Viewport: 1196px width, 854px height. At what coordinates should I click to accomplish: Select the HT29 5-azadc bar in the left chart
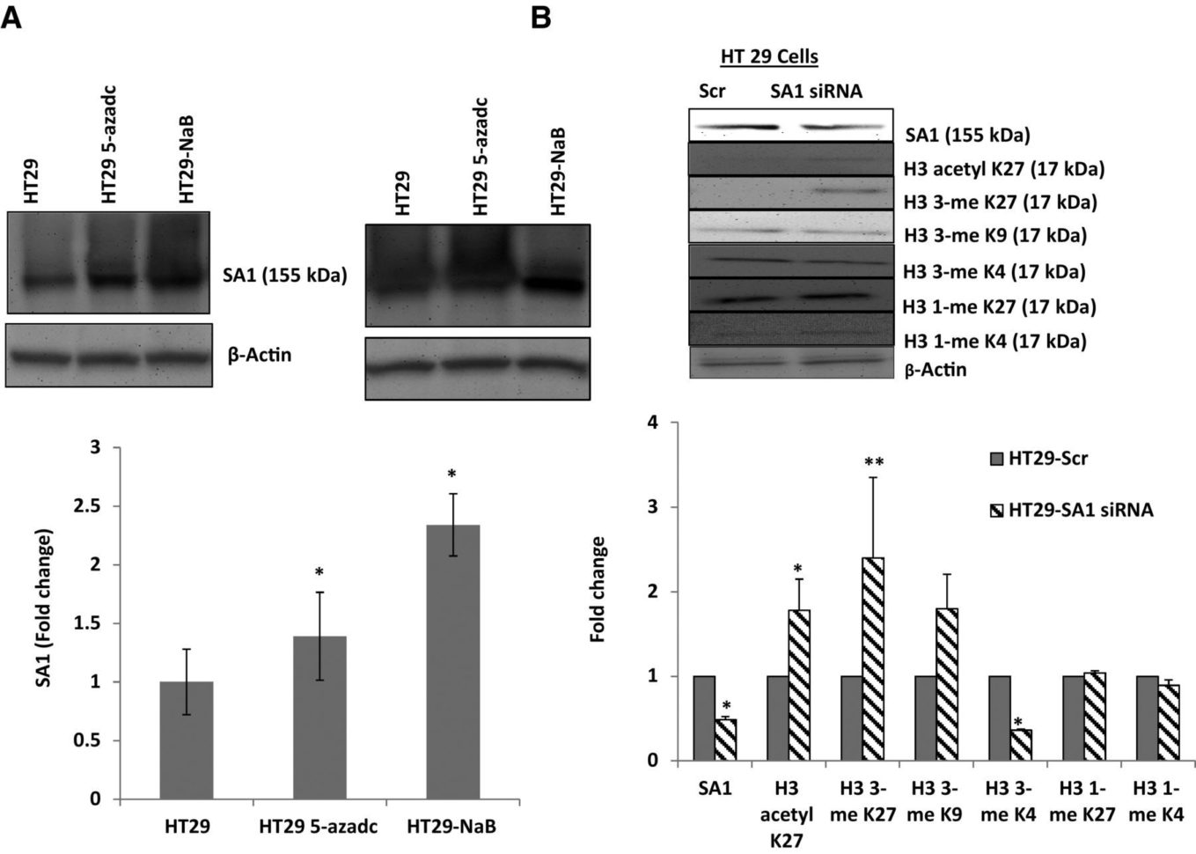tap(319, 718)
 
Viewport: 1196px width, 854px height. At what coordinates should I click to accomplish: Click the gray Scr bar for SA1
tap(703, 718)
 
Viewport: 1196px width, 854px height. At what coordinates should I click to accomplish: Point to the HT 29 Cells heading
tap(769, 57)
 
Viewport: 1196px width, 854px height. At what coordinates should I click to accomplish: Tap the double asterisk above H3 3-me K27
tap(874, 462)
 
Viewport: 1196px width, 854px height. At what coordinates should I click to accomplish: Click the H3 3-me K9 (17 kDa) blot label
tap(994, 235)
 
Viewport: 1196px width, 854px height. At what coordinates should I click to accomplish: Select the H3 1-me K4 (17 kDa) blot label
tap(994, 341)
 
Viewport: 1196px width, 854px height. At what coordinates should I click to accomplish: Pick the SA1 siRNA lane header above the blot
tap(816, 91)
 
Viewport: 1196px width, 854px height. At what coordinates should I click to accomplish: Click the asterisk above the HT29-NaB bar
tap(452, 475)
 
